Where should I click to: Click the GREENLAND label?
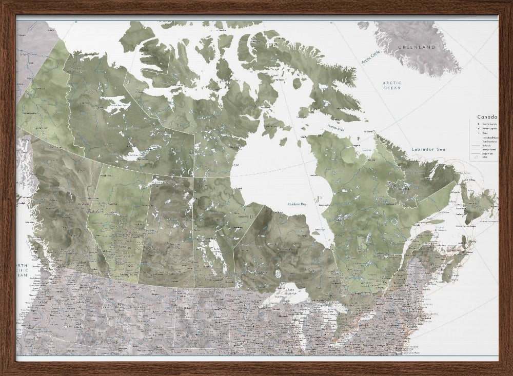coord(416,47)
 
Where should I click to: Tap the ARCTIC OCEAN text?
coord(392,86)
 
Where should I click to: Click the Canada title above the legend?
coord(487,117)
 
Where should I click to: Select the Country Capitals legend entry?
coord(489,124)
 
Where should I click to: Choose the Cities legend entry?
coord(485,133)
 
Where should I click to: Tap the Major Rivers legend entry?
coord(487,153)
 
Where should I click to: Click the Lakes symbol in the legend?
coord(477,157)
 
